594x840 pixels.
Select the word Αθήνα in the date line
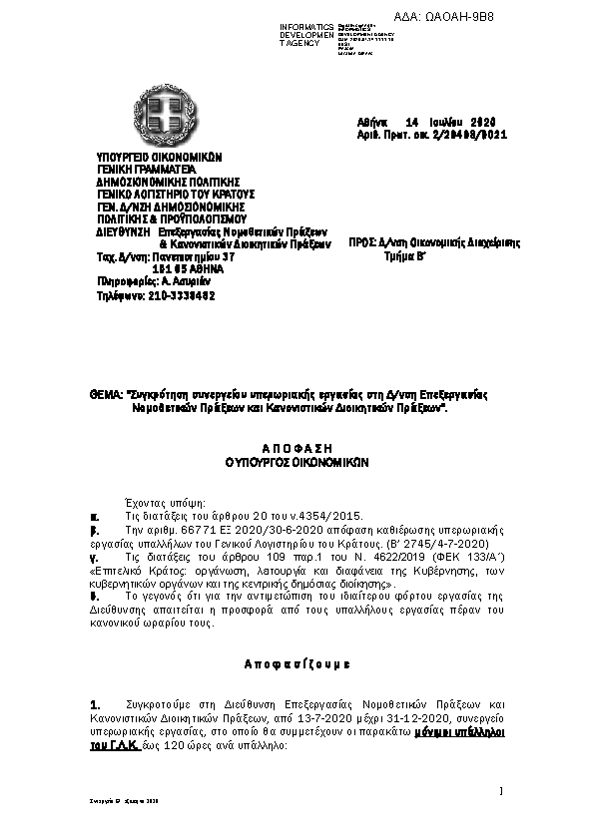[x=372, y=121]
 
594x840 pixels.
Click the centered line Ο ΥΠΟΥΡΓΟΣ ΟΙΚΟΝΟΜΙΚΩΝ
[x=296, y=463]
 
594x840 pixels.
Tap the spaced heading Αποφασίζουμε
[x=297, y=663]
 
